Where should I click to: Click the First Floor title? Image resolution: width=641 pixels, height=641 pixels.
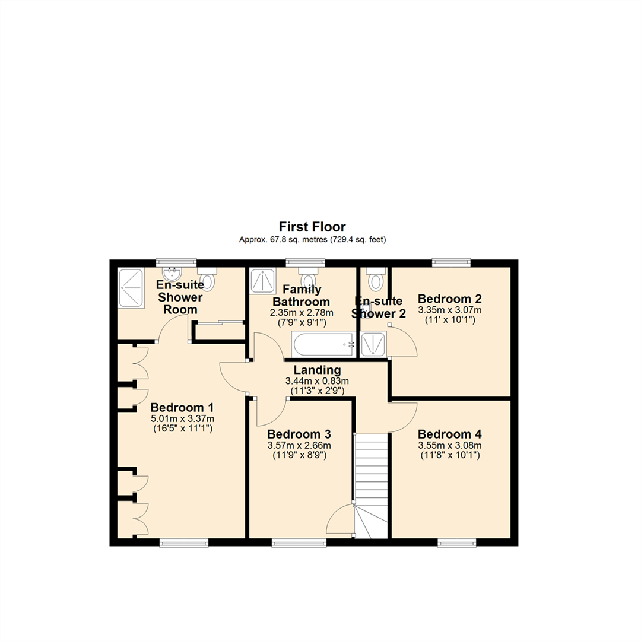(x=312, y=227)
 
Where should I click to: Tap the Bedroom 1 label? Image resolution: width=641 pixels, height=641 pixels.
(x=182, y=408)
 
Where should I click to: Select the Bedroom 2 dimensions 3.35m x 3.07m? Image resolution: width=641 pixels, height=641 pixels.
(x=449, y=310)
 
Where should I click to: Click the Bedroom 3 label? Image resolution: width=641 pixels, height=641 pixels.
(x=299, y=434)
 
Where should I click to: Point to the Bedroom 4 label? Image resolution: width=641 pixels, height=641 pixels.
(x=449, y=434)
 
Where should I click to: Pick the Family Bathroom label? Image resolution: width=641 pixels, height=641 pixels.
(x=302, y=296)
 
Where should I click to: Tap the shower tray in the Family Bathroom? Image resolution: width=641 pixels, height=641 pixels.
(x=262, y=281)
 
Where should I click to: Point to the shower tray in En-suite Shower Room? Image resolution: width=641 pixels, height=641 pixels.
(x=131, y=288)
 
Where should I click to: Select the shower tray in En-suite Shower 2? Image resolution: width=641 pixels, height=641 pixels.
(x=373, y=344)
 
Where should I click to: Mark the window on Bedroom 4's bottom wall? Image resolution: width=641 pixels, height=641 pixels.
(x=457, y=542)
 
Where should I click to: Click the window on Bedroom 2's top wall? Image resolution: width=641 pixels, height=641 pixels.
(x=451, y=261)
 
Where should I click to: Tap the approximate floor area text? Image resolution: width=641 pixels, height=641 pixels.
(x=312, y=240)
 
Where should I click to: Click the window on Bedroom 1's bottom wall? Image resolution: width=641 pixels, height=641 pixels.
(x=183, y=542)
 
